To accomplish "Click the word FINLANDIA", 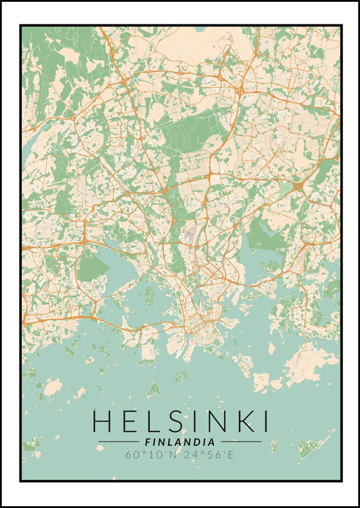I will click(x=179, y=442).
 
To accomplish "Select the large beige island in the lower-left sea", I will click(x=53, y=388).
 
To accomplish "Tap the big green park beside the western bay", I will click(x=93, y=267).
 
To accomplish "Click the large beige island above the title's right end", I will click(x=308, y=362).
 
